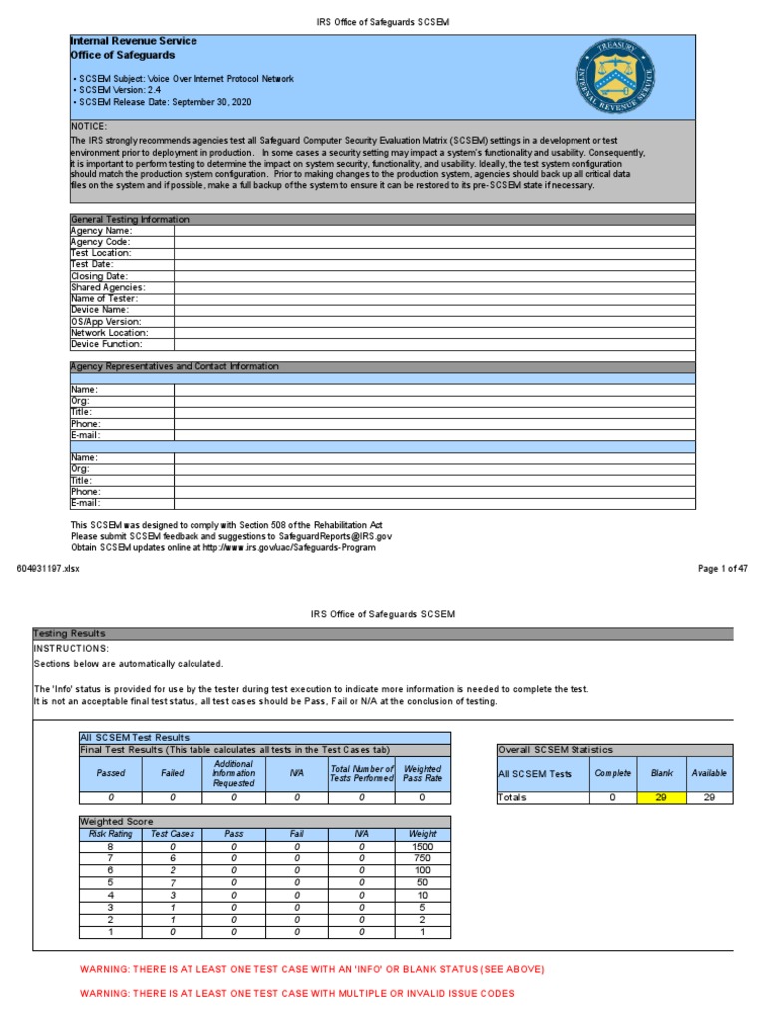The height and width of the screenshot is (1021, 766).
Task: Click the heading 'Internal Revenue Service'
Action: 133,41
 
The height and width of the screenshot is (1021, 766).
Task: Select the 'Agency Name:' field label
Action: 101,230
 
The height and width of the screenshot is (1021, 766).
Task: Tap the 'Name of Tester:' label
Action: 104,298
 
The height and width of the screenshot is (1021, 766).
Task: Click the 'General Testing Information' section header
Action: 130,219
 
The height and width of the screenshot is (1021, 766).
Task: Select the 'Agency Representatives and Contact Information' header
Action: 175,366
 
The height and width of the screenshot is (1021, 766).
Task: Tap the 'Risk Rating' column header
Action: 111,833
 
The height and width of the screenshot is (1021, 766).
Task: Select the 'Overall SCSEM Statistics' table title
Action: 557,750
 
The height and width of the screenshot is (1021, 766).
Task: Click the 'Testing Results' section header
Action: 69,633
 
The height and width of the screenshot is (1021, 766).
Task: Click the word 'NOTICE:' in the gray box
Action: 89,127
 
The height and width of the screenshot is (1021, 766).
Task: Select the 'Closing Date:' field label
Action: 99,276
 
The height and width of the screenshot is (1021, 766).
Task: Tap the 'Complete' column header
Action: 612,773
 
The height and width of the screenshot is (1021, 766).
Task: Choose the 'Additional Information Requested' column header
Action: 233,773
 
